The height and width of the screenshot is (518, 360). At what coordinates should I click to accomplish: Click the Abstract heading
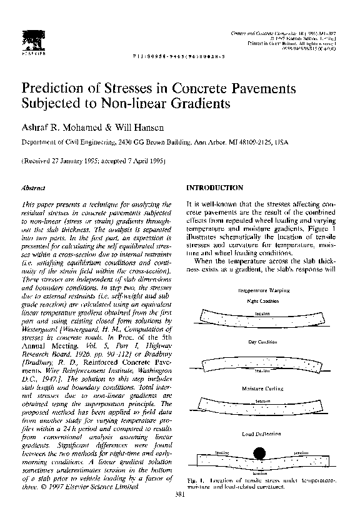click(31, 187)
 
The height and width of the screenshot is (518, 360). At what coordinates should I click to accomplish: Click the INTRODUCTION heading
click(214, 187)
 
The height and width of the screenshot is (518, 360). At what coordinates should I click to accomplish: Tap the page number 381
click(181, 494)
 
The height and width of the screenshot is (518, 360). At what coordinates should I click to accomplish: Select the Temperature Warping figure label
click(262, 291)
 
